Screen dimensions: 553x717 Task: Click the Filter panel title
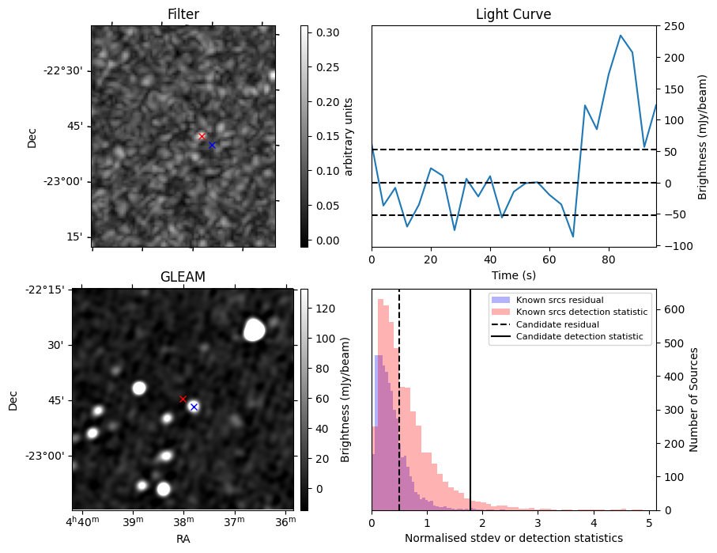(x=183, y=14)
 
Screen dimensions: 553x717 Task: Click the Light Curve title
(x=513, y=14)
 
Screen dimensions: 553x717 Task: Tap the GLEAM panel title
(x=183, y=277)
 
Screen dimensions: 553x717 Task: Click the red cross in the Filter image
(x=202, y=136)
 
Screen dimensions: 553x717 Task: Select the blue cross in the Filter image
(x=212, y=145)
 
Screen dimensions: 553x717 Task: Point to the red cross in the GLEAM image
(x=183, y=399)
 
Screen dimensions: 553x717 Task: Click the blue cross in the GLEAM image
(x=194, y=407)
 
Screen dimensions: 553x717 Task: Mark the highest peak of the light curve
(x=621, y=36)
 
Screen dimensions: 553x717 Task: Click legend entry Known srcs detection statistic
(x=581, y=312)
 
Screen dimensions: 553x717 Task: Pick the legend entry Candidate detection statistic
(x=579, y=337)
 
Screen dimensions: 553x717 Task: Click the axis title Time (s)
(x=513, y=274)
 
